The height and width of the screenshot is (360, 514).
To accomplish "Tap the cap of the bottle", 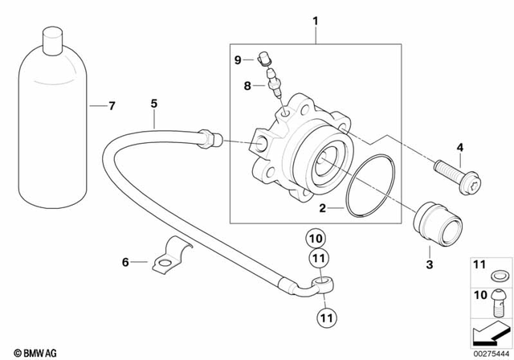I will tap(52, 37).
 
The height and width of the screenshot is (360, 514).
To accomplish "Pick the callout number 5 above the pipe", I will tap(153, 102).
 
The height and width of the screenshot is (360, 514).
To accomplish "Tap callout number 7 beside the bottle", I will tap(112, 105).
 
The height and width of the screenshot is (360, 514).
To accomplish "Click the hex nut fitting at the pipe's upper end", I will tap(208, 138).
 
